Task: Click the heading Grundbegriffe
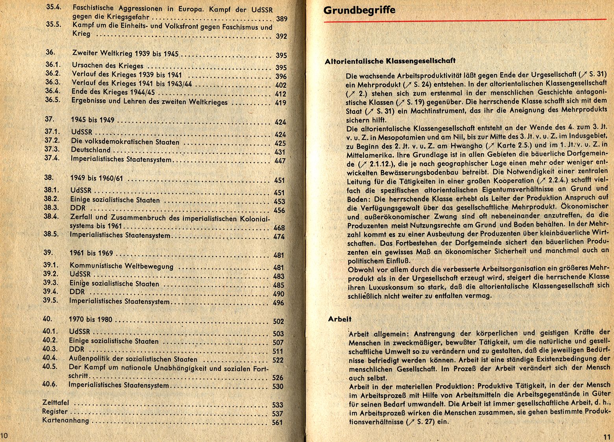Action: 359,10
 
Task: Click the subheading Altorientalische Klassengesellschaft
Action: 390,61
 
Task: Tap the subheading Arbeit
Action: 340,319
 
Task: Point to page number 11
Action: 606,436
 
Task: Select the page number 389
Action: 281,19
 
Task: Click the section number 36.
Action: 50,52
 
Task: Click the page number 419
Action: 281,103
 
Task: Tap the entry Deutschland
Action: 91,150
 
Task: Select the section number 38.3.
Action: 51,207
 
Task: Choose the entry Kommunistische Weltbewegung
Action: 121,266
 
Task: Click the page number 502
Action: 278,322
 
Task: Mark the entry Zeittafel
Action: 55,403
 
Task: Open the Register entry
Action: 55,412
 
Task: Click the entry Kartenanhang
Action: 65,421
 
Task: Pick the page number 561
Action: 277,423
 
